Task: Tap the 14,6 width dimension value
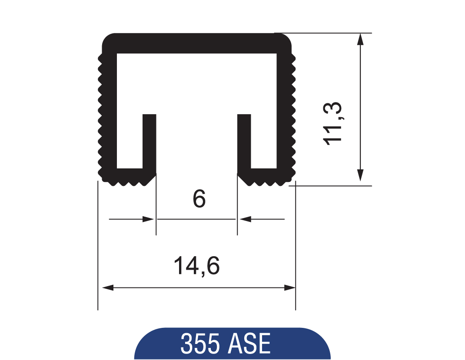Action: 196,266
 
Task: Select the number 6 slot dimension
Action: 199,199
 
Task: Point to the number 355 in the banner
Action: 199,344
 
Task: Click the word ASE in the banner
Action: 249,344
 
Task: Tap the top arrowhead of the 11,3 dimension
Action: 360,40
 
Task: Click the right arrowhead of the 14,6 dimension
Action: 289,287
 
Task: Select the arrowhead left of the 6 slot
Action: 149,219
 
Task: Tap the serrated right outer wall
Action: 285,113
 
